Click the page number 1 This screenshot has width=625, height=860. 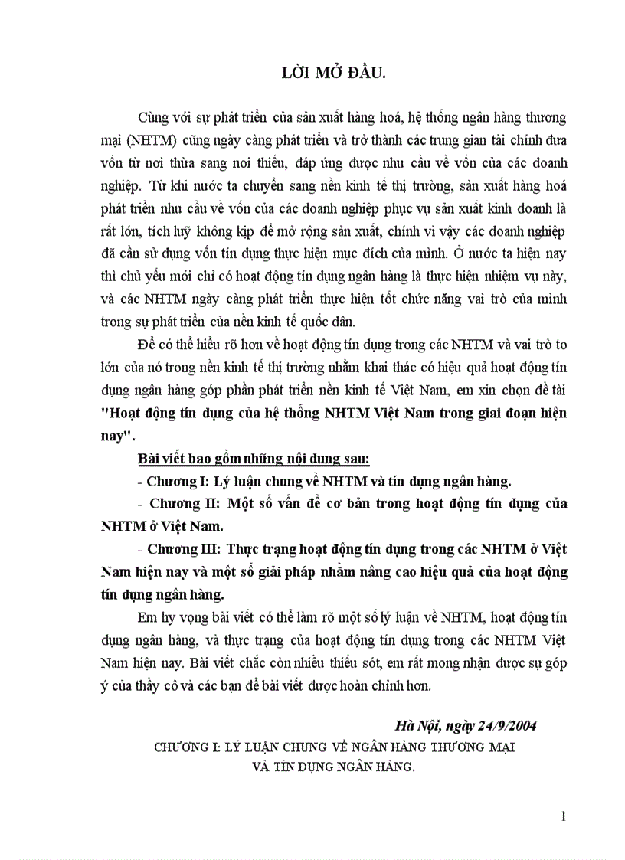coord(564,816)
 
